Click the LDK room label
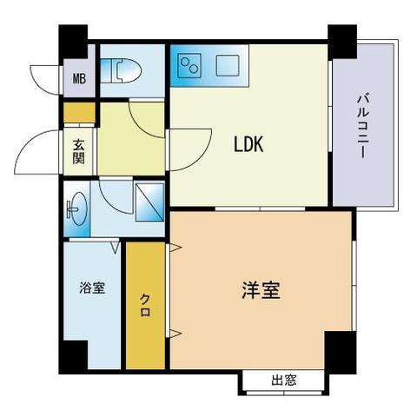(x=248, y=144)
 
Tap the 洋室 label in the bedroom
(x=261, y=290)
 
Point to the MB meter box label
(x=79, y=78)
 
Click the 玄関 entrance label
(x=78, y=151)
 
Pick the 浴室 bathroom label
(x=92, y=288)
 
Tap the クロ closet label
(x=145, y=305)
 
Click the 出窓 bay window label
(x=284, y=380)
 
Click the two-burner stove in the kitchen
(x=189, y=66)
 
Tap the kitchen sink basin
(x=228, y=65)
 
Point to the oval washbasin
(x=77, y=208)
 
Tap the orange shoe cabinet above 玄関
(x=79, y=112)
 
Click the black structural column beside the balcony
(x=342, y=42)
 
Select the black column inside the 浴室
(x=74, y=356)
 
